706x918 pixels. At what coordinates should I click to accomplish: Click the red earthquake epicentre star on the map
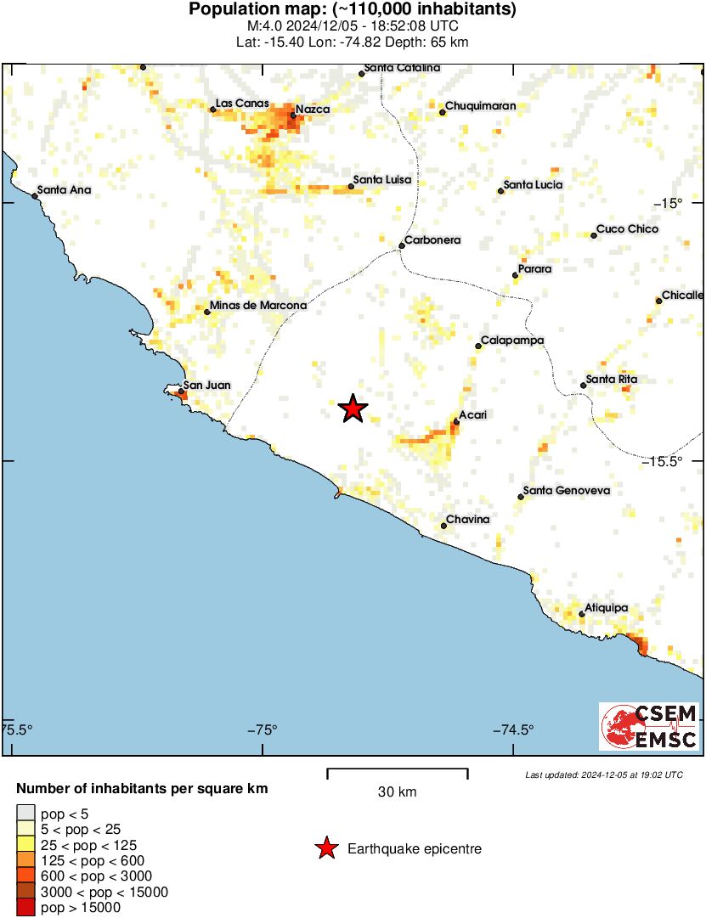pos(353,409)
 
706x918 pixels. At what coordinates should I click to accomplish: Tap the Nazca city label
pos(313,110)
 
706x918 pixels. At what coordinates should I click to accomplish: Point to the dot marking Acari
pos(456,420)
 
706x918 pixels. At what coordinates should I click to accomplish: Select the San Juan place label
pos(207,386)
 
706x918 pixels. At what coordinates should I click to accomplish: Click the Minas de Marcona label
pos(258,306)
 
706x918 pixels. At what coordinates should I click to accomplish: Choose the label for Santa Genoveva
pos(567,491)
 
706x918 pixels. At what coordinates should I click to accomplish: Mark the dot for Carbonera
pos(402,246)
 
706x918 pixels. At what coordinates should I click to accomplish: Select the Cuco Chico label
pos(627,229)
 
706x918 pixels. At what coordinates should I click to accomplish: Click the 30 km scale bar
pos(398,772)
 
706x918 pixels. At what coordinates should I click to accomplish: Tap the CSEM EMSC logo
pos(649,727)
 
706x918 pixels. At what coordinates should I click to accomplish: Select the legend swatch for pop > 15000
pos(25,908)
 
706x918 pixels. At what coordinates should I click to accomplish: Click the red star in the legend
pos(325,848)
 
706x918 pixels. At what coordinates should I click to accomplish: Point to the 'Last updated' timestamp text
pos(603,774)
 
